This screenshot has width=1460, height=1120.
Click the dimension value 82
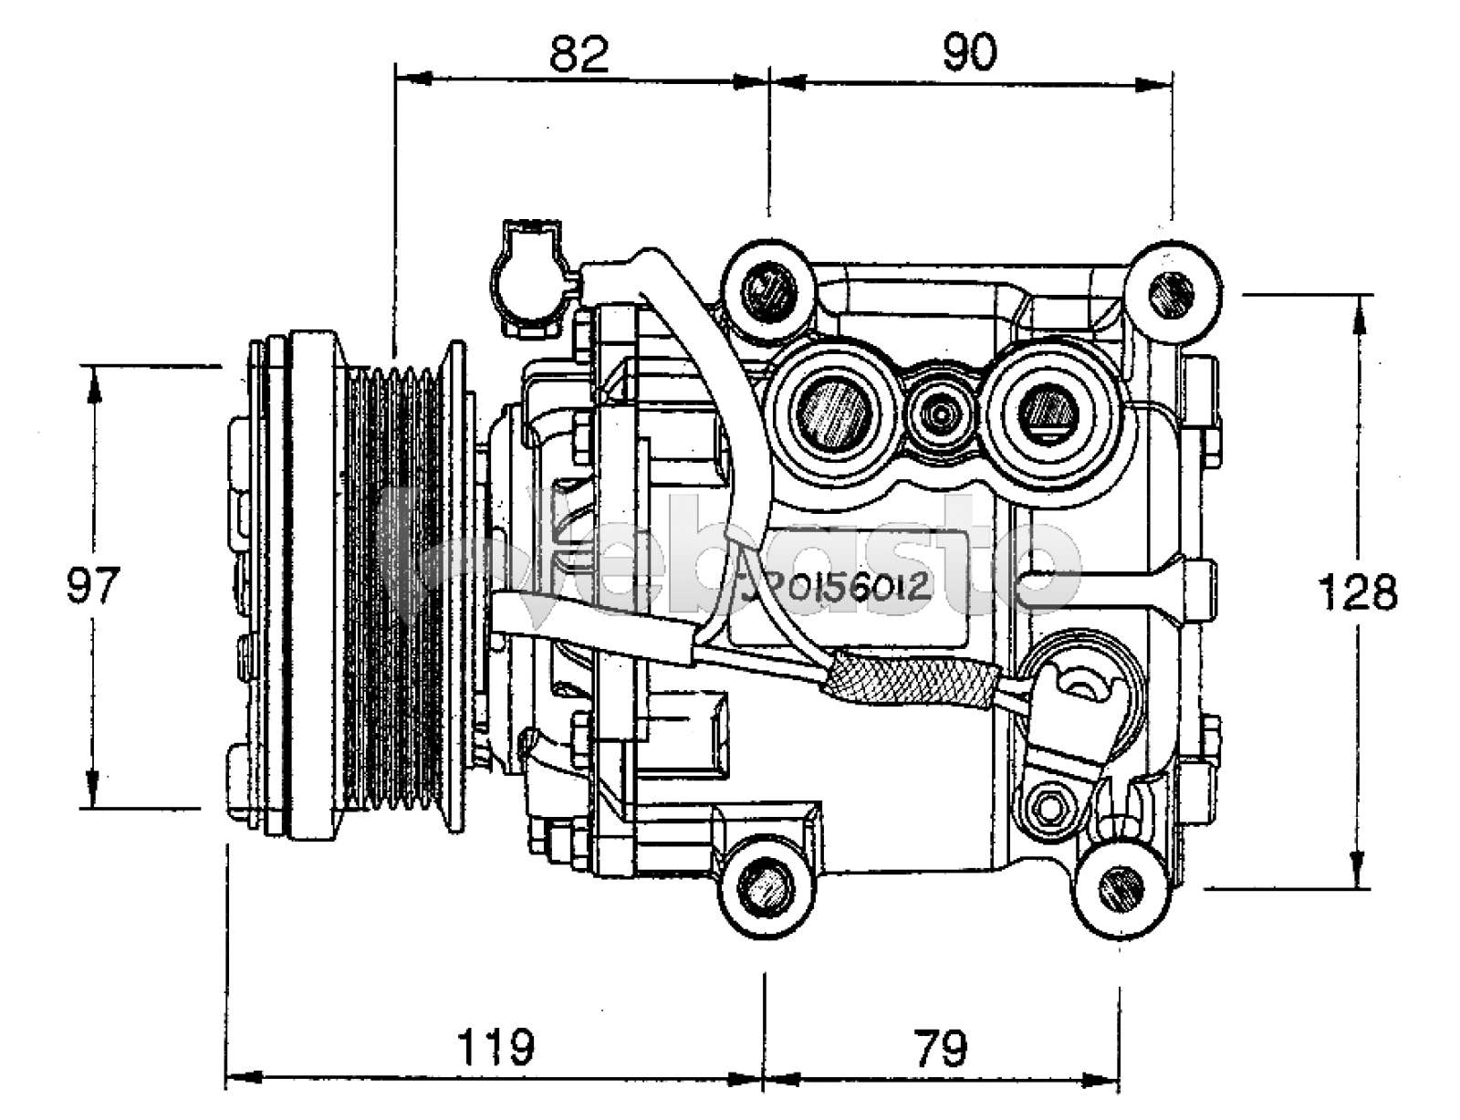coord(579,54)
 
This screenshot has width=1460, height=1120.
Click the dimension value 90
coord(969,54)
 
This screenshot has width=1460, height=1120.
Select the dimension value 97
coord(93,585)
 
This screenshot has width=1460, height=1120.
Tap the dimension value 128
coord(1358,594)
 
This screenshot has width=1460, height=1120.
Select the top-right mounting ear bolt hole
coord(1171,292)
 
